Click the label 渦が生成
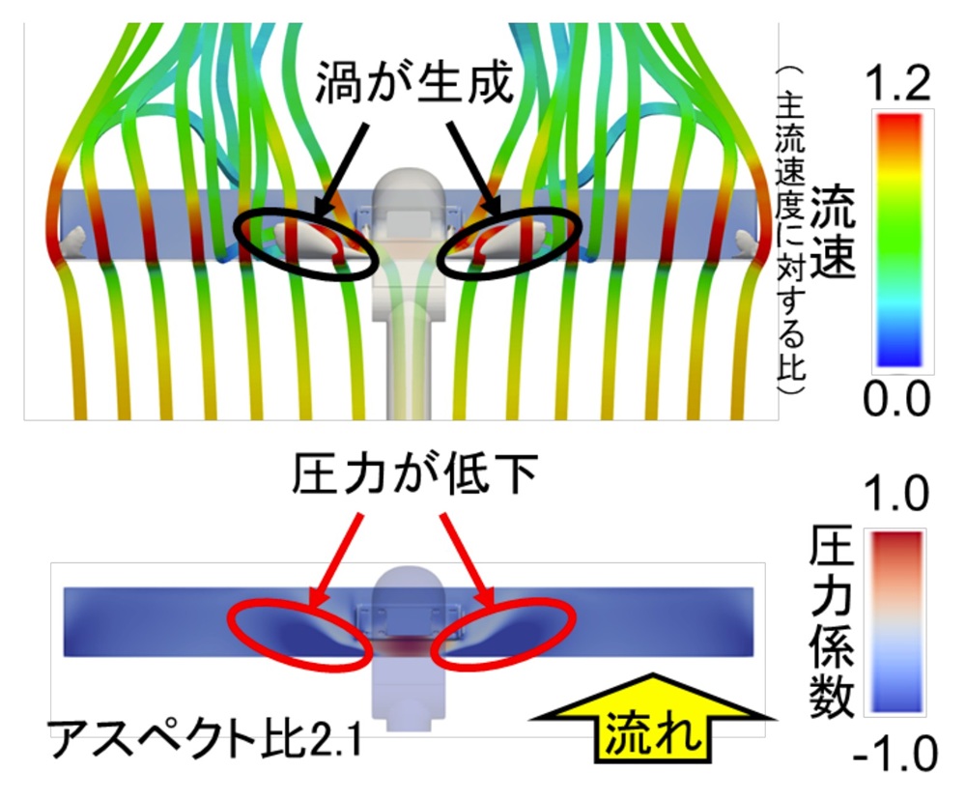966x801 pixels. point(414,82)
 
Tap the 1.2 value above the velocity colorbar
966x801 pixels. point(897,84)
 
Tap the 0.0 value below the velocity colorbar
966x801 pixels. point(896,399)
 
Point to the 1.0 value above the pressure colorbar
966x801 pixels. point(896,493)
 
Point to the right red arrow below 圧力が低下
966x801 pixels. point(468,560)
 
